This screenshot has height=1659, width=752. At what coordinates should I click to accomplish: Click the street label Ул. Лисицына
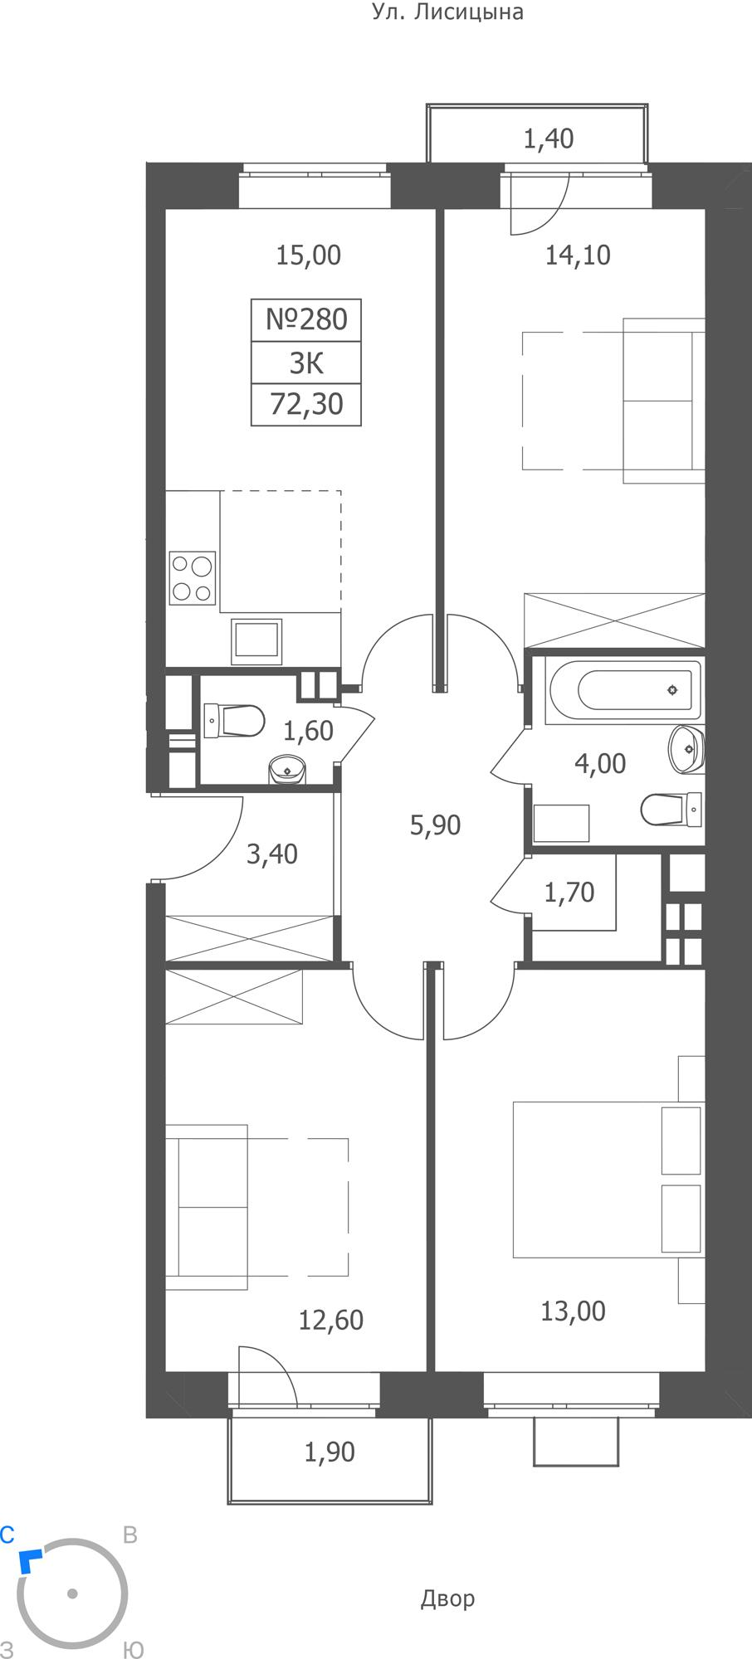tap(447, 12)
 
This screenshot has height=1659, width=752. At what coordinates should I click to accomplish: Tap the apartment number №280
tap(306, 319)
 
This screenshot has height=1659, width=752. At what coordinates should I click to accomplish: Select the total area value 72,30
tap(306, 405)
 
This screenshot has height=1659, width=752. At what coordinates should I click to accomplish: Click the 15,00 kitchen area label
tap(308, 255)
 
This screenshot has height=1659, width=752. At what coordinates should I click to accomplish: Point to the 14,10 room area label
tap(578, 255)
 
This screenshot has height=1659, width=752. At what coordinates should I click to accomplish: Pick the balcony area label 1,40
tap(549, 139)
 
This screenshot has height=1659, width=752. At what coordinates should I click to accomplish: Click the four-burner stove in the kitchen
tap(193, 577)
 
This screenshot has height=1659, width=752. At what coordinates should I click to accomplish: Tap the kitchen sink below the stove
tap(257, 641)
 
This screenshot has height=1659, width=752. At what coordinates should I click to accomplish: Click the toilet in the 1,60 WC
tap(234, 720)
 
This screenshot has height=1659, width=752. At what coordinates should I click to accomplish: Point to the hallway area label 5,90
tap(435, 825)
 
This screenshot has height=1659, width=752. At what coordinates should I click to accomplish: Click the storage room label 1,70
tap(569, 893)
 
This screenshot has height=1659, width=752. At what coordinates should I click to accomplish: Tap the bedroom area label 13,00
tap(573, 1311)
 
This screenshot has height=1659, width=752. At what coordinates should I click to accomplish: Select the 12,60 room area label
tap(330, 1320)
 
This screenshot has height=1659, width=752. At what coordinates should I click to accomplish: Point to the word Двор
tap(447, 1598)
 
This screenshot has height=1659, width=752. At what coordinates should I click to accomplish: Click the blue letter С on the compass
tap(7, 1535)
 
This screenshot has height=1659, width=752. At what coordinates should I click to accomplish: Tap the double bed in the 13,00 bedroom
tap(608, 1179)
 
